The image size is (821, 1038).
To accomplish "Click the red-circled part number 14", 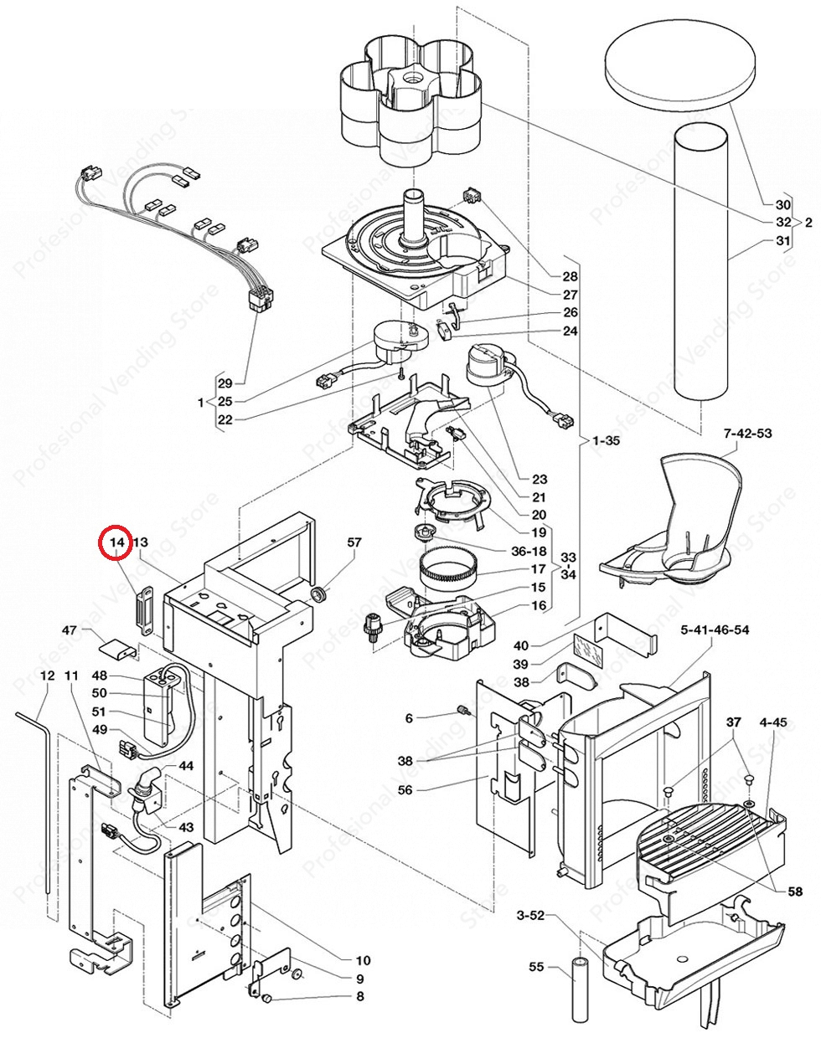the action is [x=116, y=542].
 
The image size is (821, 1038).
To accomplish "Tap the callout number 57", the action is [x=354, y=542].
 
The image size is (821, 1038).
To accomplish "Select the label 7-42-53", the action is [x=747, y=433].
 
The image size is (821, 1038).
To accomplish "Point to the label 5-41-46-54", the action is [x=715, y=630].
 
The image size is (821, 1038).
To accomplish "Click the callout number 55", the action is [x=536, y=966].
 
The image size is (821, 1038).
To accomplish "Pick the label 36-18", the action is [x=529, y=552].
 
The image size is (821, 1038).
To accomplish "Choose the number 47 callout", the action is [x=70, y=630].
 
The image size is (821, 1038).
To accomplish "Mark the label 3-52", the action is [x=530, y=915].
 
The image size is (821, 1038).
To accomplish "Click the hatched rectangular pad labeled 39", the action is [x=588, y=650].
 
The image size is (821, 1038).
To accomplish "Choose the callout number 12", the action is [x=48, y=676].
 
